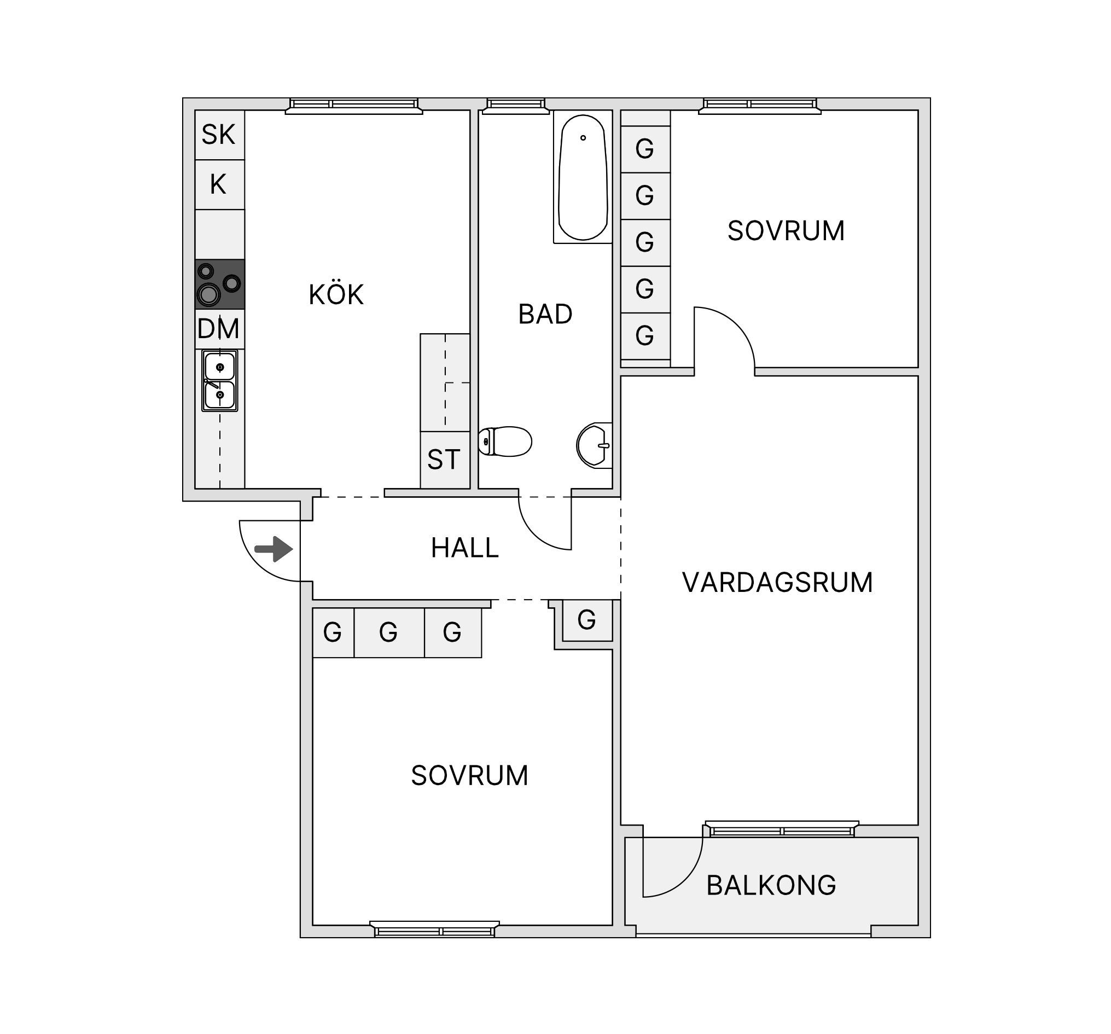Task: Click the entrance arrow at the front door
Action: [x=274, y=549]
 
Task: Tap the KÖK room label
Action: [x=336, y=294]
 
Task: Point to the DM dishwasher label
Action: [x=218, y=329]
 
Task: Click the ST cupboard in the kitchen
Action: [x=445, y=460]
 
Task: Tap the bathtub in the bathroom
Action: [x=583, y=177]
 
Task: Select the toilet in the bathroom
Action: [x=505, y=442]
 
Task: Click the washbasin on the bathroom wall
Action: [x=595, y=445]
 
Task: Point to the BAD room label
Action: [x=545, y=314]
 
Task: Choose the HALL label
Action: [x=465, y=548]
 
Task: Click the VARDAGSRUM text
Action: [x=777, y=583]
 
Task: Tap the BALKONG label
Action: [x=771, y=885]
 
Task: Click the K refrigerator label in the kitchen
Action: [x=218, y=184]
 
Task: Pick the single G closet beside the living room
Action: [x=587, y=620]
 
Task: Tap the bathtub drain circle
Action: [x=583, y=137]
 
